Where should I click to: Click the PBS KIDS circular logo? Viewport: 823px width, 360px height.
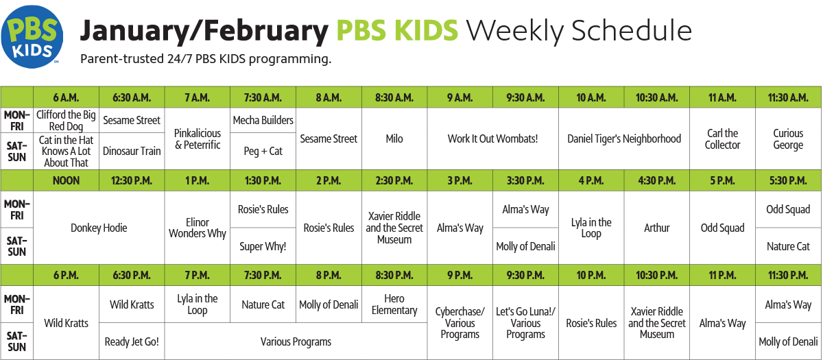(32, 37)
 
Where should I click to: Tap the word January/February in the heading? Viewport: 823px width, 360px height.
(204, 32)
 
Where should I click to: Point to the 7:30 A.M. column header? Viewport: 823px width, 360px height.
(263, 97)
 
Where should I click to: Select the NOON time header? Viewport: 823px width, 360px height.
(66, 180)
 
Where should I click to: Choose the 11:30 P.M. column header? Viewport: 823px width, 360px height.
(788, 275)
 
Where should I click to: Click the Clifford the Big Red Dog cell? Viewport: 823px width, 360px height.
(66, 120)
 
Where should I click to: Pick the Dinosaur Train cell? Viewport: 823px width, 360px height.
(132, 151)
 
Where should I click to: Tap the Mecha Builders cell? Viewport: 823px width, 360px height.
(263, 120)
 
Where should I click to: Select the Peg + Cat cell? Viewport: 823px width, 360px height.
(263, 151)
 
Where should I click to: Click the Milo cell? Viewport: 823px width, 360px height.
(394, 139)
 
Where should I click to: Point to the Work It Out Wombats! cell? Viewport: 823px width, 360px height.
(492, 139)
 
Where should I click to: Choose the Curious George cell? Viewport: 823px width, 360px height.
(788, 139)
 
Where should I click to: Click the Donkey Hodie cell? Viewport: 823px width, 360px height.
(99, 228)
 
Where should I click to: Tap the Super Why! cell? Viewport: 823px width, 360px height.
(263, 246)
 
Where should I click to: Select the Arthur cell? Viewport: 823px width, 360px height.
(657, 228)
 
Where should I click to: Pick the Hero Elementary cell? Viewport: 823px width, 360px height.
(394, 304)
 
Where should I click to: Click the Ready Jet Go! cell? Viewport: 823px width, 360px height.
(132, 341)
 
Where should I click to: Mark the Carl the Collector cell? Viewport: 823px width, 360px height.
(722, 139)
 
